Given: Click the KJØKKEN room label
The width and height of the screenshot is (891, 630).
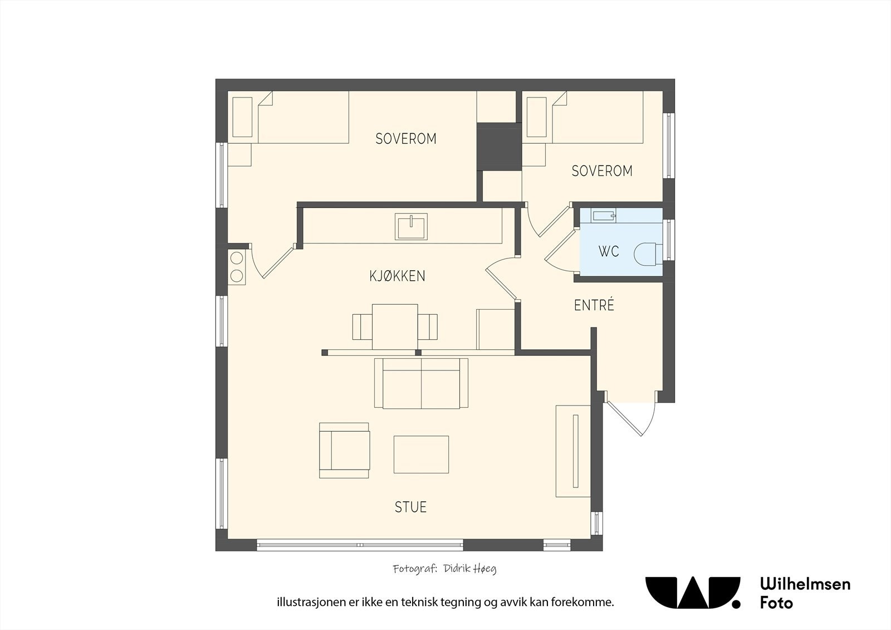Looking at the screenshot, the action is (x=398, y=276).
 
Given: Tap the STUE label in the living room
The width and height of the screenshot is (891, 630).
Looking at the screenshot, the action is (x=410, y=507).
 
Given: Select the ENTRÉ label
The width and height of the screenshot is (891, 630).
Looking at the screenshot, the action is (x=594, y=305).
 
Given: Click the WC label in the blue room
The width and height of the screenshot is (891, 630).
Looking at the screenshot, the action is (x=609, y=252).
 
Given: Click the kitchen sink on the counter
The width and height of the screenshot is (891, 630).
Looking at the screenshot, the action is (x=411, y=227).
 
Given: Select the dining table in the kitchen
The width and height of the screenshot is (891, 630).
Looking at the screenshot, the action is (x=395, y=327).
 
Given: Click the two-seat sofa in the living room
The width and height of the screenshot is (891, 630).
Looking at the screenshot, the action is (x=421, y=383).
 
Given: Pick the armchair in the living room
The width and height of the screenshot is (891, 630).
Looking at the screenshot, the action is (x=345, y=450).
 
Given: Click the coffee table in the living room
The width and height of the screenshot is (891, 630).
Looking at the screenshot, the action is (x=421, y=455).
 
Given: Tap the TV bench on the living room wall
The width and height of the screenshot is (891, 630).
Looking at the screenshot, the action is (x=573, y=451).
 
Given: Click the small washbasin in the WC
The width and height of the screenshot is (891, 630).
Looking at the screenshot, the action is (x=604, y=216).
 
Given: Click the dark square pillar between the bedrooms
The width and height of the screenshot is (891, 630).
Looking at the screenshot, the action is (x=499, y=147).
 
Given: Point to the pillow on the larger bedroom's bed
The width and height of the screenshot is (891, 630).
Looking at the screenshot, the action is (x=242, y=117).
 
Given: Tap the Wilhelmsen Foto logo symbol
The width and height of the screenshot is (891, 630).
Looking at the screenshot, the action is (x=693, y=593).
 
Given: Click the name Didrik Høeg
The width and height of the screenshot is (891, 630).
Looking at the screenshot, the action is (x=470, y=569).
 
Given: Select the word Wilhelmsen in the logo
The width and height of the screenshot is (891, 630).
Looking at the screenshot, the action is (x=805, y=584).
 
